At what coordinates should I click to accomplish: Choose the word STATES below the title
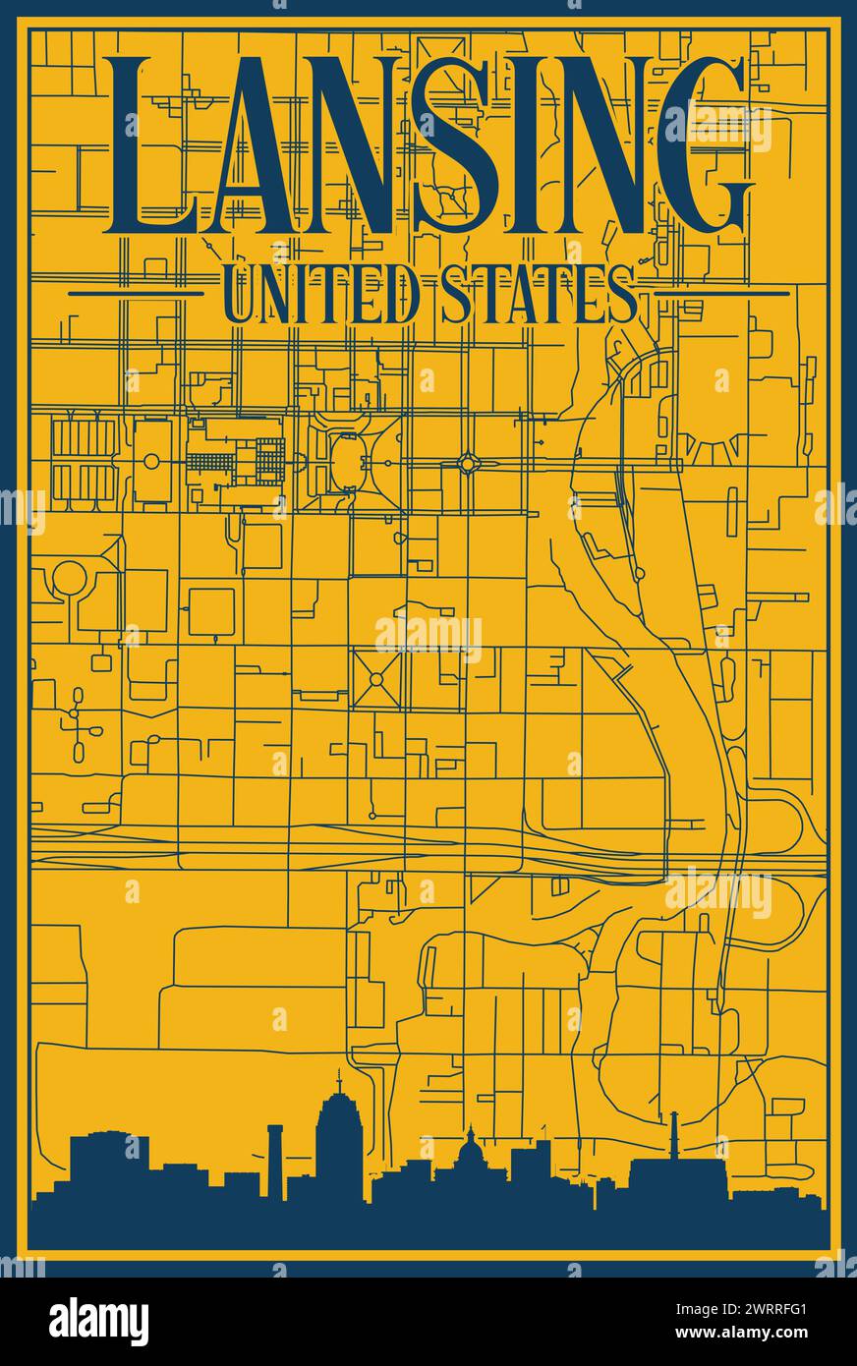click(537, 293)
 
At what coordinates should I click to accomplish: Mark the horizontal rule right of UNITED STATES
click(721, 293)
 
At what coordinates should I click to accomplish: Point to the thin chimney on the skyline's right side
click(674, 1135)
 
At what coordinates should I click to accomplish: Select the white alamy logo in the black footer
click(98, 1322)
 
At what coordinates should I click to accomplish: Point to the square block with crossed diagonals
click(376, 679)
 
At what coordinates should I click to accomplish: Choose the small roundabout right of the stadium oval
click(468, 461)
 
